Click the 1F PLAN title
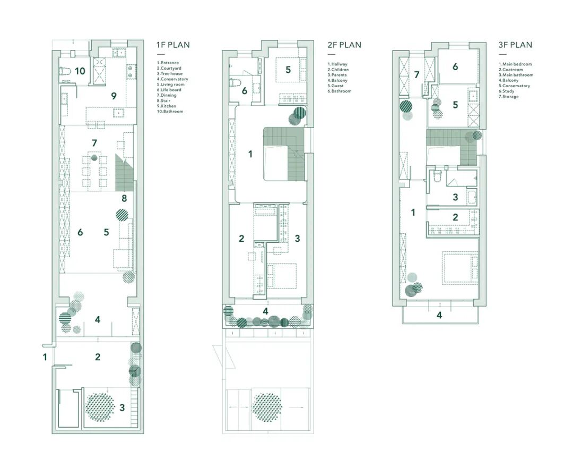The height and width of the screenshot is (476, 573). pos(173,45)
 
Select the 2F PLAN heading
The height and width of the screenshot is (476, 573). pos(344,45)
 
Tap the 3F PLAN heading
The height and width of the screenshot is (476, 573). pos(515,45)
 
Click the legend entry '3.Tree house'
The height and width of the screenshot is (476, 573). pos(170,73)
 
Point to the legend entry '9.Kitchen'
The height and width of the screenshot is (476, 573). pos(166,106)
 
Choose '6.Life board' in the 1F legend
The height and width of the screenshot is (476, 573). pos(169,90)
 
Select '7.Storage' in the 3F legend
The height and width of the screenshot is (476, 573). pos(509,97)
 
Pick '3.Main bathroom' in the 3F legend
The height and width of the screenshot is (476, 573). pos(516,75)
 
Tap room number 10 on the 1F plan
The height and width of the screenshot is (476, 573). pos(80,71)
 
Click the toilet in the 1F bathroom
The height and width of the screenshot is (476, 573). pos(65,71)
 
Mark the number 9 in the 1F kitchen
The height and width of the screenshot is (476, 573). pos(114,96)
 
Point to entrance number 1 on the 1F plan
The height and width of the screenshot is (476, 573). pos(45,356)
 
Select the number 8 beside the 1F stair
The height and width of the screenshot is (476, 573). pos(124,198)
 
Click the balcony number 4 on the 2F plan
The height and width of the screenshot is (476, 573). pos(266,311)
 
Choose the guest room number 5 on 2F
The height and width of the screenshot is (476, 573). pos(288,70)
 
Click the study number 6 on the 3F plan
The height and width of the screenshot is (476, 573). pos(455,66)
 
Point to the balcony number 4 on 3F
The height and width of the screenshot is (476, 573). pos(439,315)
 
